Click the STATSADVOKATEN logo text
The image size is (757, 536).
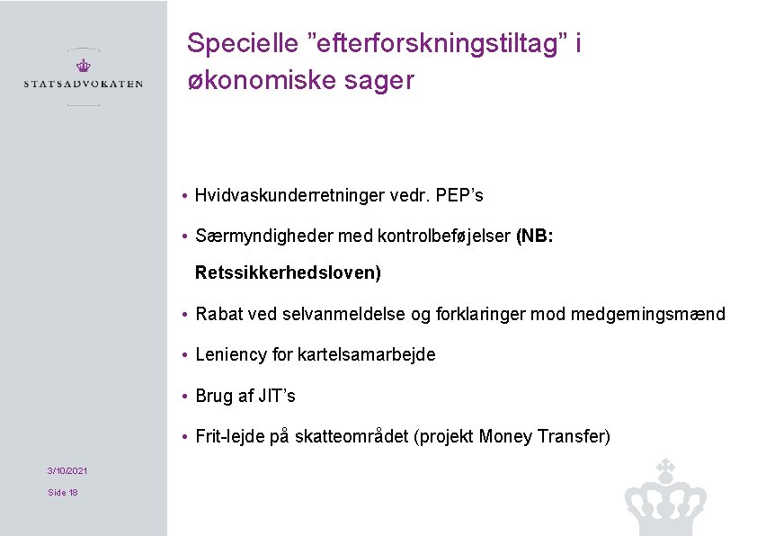83,84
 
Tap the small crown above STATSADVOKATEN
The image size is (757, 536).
83,65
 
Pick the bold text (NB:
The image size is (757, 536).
535,237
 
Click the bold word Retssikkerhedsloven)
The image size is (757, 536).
288,272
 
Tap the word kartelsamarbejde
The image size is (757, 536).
369,354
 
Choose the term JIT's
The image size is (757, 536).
278,396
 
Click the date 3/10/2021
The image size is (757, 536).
67,470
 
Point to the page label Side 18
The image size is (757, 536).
63,492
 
